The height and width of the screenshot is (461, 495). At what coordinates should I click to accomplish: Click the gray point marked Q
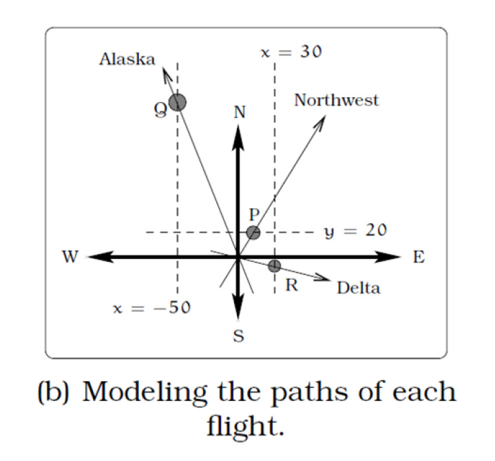[x=178, y=103]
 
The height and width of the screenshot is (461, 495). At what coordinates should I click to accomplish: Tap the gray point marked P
[x=253, y=232]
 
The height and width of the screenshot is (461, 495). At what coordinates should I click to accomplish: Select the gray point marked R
[x=274, y=265]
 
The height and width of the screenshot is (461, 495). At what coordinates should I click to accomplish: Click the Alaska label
[x=127, y=59]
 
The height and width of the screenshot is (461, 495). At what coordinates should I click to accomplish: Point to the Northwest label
[x=337, y=101]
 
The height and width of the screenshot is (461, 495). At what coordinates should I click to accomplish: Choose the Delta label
[x=358, y=287]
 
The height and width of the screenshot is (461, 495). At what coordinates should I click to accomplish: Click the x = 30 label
[x=291, y=52]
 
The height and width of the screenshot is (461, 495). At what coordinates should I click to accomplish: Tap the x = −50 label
[x=151, y=307]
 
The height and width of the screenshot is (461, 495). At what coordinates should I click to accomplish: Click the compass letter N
[x=239, y=113]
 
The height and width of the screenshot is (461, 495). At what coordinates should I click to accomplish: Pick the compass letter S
[x=238, y=338]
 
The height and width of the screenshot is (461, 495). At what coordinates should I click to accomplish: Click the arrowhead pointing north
[x=238, y=136]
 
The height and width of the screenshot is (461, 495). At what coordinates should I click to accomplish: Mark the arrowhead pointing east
[x=391, y=257]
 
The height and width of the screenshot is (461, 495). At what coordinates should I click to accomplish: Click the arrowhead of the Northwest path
[x=322, y=121]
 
